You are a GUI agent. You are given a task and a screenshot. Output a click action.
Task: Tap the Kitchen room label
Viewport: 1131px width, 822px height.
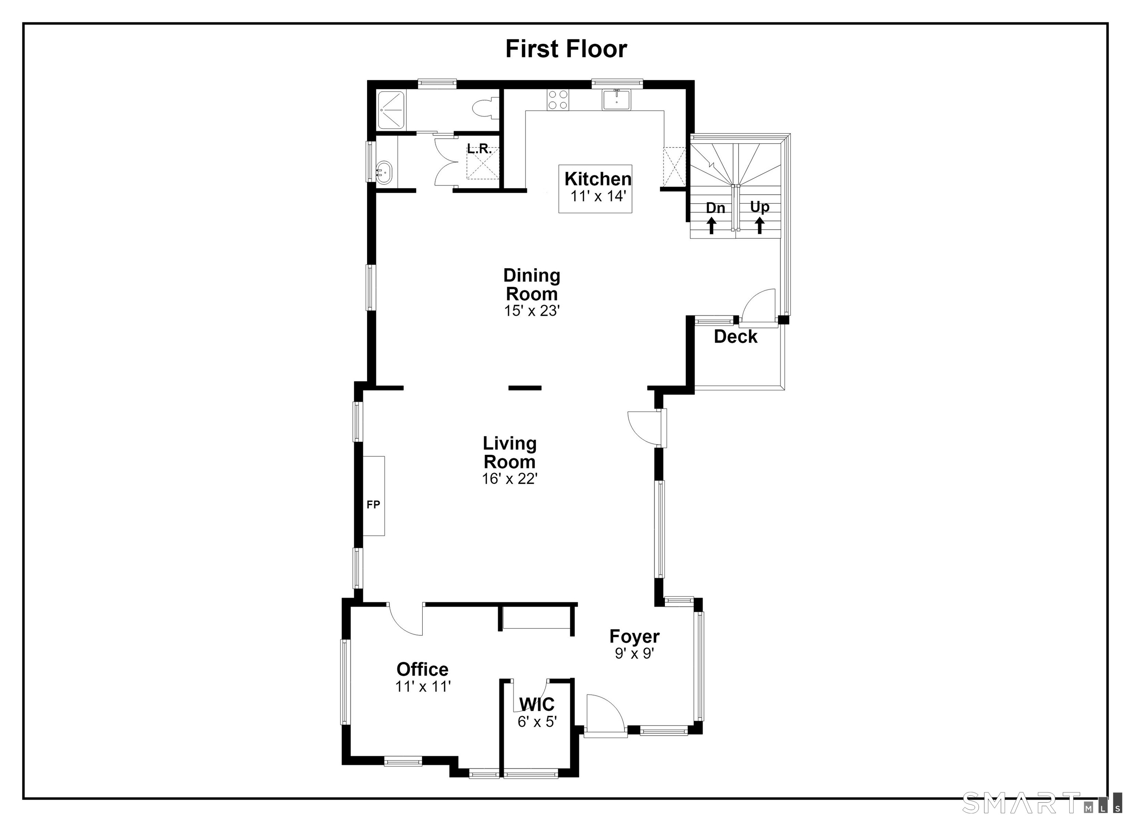pos(598,178)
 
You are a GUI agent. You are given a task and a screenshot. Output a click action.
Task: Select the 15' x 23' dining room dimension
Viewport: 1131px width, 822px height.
pos(532,311)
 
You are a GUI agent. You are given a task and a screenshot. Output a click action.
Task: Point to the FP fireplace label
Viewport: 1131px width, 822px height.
pos(374,504)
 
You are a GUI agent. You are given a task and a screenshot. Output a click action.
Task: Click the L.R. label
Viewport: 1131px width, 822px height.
pos(479,149)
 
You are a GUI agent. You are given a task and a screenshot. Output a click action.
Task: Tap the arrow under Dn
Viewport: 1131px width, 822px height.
pos(712,226)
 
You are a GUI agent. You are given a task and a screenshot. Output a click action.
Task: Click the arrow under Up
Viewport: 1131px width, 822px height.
pos(760,226)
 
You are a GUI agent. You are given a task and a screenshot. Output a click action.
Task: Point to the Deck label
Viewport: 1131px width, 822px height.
pos(736,336)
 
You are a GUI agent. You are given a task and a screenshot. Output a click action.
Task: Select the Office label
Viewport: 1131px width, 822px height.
pos(422,669)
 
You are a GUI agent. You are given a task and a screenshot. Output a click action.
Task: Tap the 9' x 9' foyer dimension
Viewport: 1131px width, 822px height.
pos(634,653)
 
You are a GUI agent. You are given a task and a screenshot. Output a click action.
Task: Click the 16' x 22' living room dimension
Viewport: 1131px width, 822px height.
pos(510,479)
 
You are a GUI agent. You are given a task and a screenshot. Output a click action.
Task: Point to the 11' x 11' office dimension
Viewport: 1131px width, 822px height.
pos(423,687)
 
